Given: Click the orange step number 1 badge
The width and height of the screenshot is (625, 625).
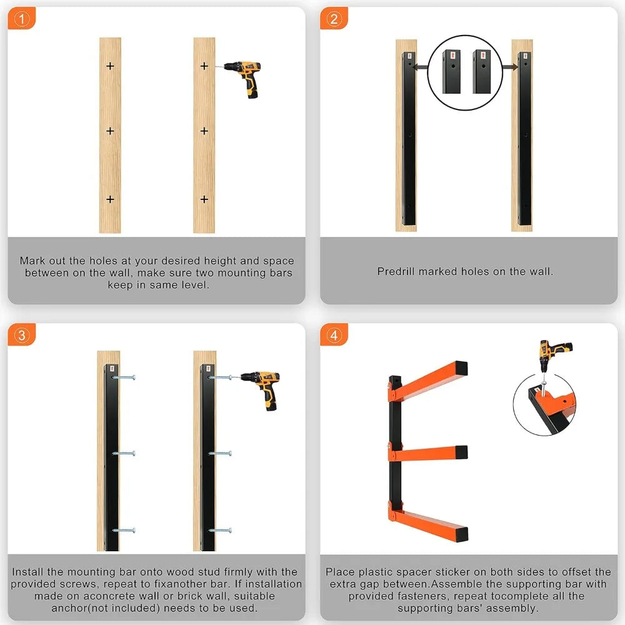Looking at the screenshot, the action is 21,18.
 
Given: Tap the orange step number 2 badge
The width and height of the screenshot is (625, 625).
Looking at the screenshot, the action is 334,18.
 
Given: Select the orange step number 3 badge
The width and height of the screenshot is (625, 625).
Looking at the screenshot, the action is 21,335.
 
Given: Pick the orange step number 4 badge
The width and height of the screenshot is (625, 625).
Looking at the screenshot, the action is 334,335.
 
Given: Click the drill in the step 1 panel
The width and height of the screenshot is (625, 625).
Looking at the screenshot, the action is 241,78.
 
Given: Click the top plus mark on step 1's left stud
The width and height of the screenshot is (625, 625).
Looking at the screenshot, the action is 111,66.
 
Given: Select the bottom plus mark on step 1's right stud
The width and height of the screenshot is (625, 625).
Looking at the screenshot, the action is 204,199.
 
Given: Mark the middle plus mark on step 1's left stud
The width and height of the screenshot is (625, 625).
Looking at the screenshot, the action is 111,131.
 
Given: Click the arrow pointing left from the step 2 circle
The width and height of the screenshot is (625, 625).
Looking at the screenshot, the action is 421,67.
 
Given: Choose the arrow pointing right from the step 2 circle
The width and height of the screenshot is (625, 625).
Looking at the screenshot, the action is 510,67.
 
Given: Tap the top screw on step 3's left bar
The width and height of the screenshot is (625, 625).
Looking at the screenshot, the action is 124,377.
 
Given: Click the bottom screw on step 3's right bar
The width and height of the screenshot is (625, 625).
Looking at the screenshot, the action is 220,531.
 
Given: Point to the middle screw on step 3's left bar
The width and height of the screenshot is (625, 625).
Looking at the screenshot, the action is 124,453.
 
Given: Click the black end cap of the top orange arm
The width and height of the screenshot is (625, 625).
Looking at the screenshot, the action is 461,368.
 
